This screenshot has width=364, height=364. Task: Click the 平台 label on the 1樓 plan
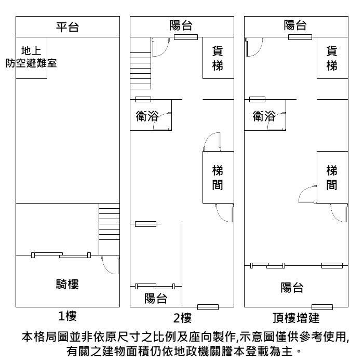coord(68,27)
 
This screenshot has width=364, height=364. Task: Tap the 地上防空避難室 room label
coord(31,57)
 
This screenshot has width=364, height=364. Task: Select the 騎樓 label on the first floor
coord(68,284)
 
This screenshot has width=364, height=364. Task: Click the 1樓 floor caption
coord(68,316)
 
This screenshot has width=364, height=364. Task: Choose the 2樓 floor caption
coord(182,318)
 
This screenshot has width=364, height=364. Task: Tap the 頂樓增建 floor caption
coord(296,318)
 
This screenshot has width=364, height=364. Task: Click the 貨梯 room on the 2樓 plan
coord(218,58)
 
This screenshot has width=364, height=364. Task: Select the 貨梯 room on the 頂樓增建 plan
coord(332,58)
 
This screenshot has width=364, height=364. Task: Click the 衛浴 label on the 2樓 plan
coord(147,116)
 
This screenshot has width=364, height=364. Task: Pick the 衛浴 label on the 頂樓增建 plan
coord(264,116)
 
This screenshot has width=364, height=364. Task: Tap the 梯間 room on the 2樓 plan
coord(218,178)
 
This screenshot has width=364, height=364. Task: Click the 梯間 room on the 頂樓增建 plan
coord(332,178)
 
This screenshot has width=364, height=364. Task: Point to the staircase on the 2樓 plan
coord(140,71)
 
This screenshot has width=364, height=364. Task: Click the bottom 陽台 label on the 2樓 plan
coord(156,299)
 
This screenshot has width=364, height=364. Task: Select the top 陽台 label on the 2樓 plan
coord(181,25)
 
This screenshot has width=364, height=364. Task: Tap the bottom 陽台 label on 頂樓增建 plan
coord(292,287)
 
